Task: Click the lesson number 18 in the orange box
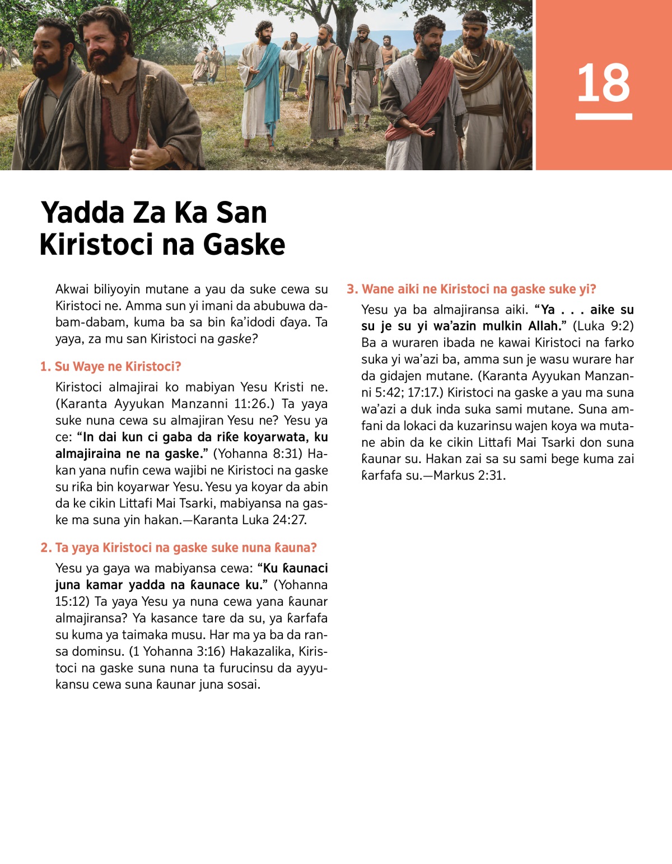(604, 83)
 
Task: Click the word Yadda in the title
(83, 213)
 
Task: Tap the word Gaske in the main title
(244, 245)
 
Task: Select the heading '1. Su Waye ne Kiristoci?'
(111, 367)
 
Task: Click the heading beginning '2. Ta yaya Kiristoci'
(179, 548)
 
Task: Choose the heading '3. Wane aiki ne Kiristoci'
(472, 289)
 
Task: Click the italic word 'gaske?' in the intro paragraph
(237, 339)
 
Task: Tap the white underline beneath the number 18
(604, 116)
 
